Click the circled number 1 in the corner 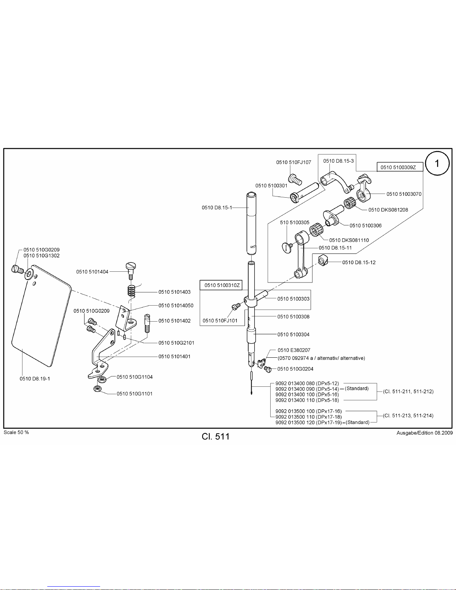437,163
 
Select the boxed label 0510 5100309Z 400,167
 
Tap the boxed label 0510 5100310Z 221,285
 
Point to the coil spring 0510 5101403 132,292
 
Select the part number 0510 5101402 175,320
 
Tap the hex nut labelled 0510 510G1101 97,389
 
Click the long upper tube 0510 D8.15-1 252,224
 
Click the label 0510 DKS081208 388,210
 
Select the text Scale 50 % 16,432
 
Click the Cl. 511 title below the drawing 216,436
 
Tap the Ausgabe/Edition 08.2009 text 424,433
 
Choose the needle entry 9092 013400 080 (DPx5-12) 307,383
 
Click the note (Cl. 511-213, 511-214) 408,415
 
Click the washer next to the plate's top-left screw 29,274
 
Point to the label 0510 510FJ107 294,162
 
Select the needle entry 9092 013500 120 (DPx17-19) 309,422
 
